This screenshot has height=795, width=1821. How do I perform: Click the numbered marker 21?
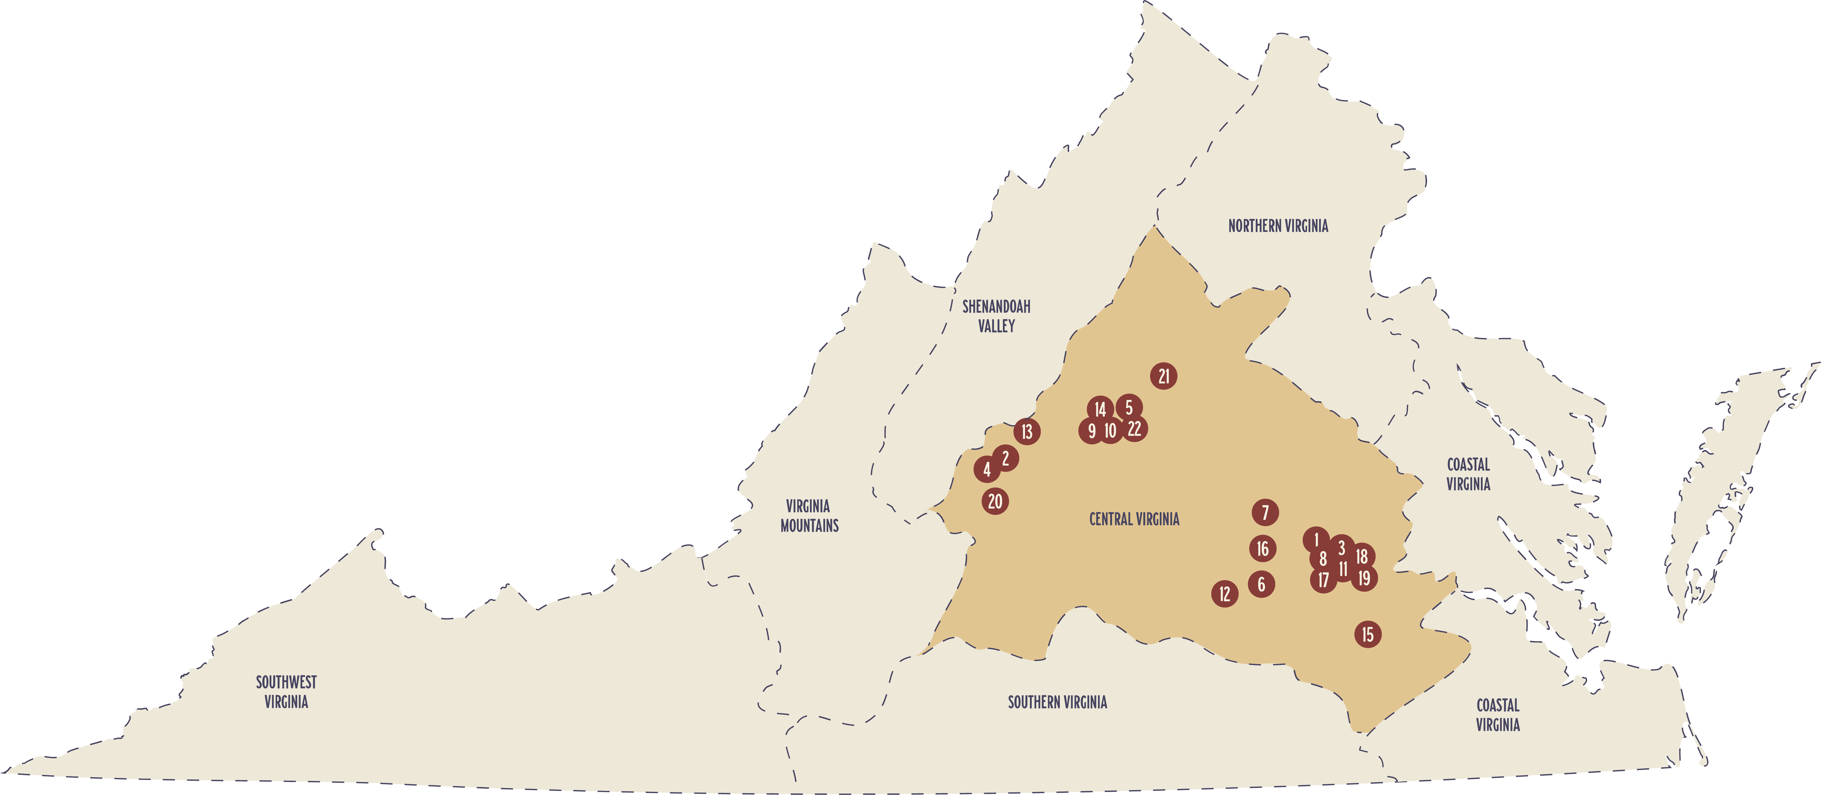[x=1164, y=376]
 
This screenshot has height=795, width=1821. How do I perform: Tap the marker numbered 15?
[x=1368, y=634]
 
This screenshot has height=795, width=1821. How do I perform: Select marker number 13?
[x=1027, y=431]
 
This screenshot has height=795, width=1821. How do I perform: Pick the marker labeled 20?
[x=995, y=502]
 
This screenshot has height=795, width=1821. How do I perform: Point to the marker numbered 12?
[x=1224, y=594]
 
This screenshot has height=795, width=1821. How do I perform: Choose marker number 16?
[x=1263, y=549]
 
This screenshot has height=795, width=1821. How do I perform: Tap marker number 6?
[x=1261, y=584]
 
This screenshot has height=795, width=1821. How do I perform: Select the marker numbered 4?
[x=987, y=469]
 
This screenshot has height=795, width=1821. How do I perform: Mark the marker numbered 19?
[x=1364, y=578]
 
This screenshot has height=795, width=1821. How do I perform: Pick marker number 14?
[x=1100, y=409]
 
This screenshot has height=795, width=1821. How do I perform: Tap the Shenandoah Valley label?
[x=996, y=316]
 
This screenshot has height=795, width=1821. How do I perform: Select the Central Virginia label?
[x=1134, y=519]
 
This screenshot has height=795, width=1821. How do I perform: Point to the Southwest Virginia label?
[x=286, y=692]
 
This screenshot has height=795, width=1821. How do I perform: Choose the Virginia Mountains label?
[x=809, y=515]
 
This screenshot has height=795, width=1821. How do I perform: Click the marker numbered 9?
[x=1091, y=431]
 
